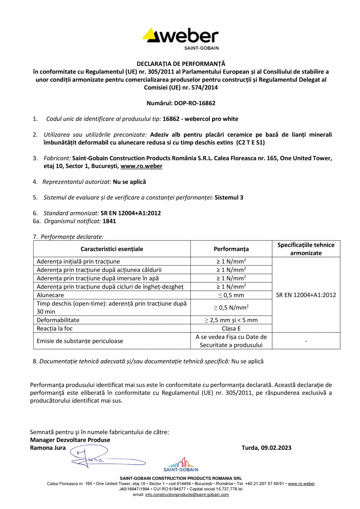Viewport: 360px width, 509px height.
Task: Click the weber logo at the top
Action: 180,38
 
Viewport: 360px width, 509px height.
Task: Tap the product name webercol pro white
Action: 211,119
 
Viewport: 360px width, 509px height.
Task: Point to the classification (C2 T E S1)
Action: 250,143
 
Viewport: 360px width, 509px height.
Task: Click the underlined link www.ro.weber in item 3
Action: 141,166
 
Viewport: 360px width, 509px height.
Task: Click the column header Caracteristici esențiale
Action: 112,249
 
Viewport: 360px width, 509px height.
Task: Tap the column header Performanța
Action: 231,249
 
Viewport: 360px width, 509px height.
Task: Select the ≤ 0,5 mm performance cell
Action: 231,295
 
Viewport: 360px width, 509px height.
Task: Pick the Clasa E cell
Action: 231,329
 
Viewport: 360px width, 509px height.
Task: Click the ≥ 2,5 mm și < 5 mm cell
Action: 231,320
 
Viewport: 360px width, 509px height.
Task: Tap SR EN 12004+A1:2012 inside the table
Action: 306,295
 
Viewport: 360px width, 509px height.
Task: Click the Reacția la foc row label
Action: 54,329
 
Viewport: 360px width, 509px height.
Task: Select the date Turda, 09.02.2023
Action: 267,448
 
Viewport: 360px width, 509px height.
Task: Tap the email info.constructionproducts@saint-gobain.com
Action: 187,495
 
